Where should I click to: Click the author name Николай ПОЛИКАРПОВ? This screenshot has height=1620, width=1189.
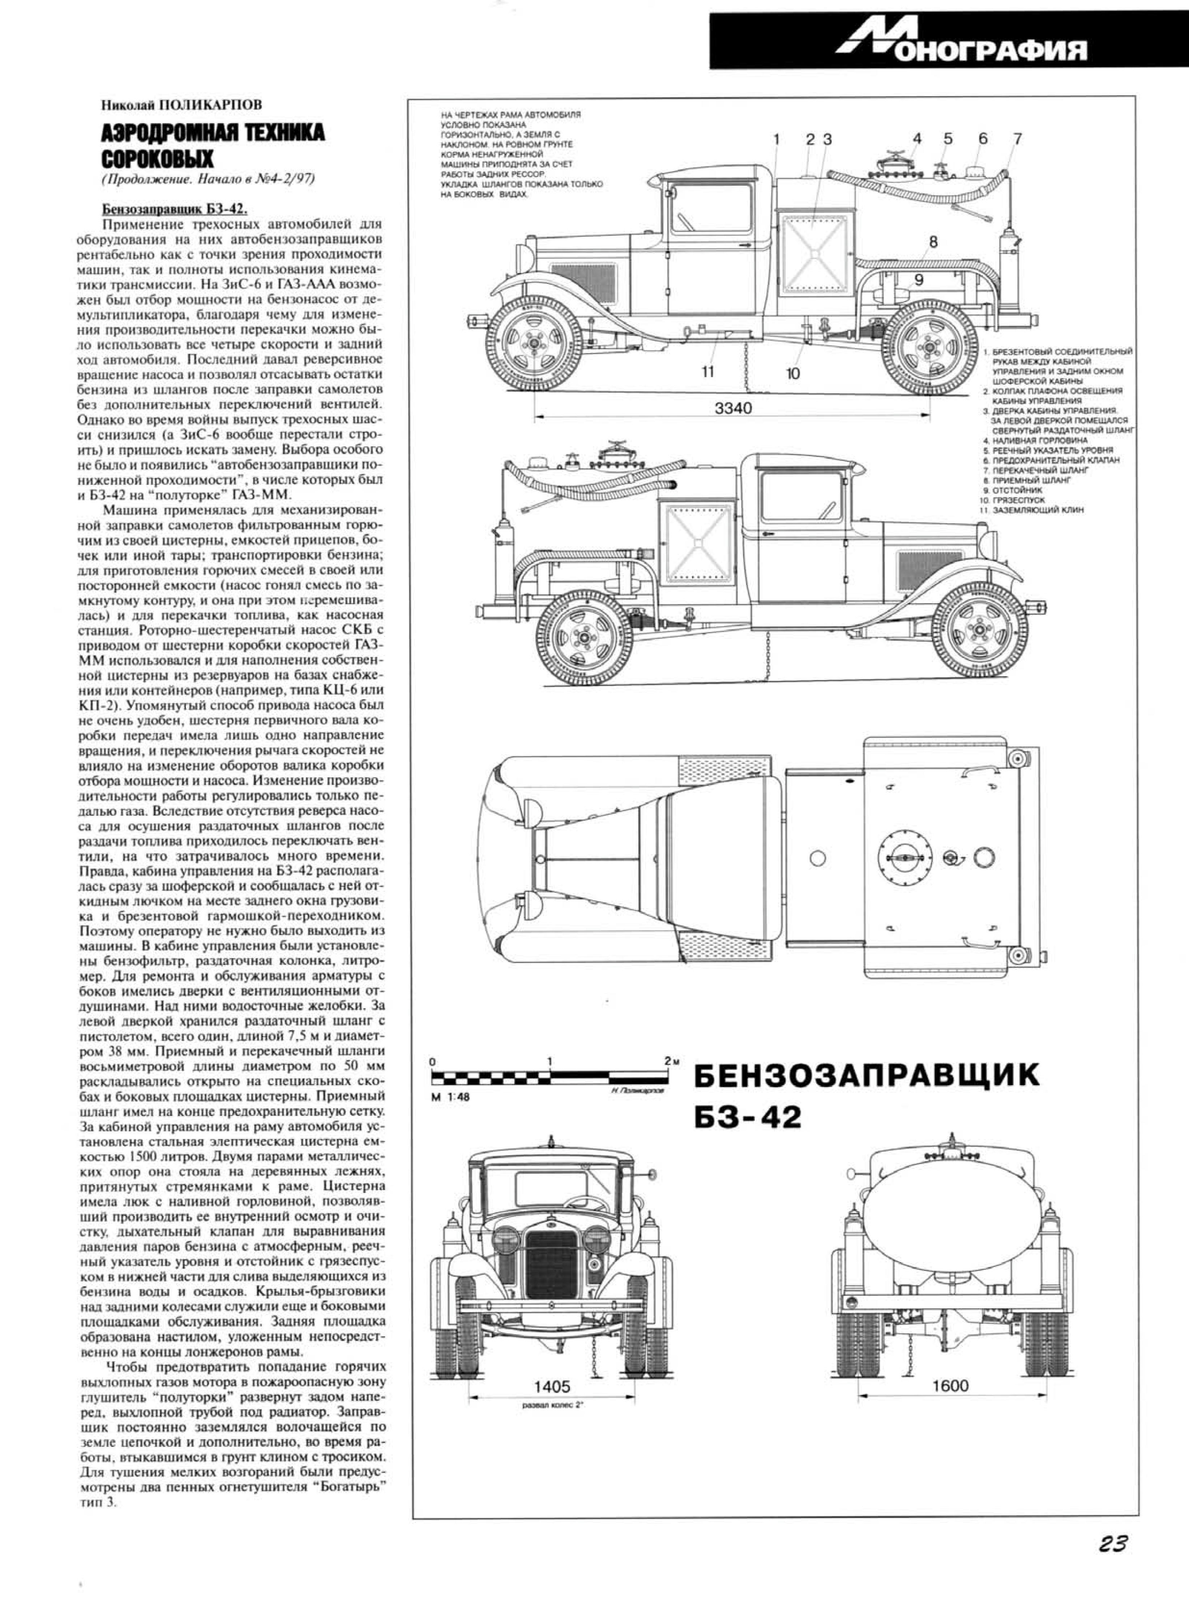click(181, 104)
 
